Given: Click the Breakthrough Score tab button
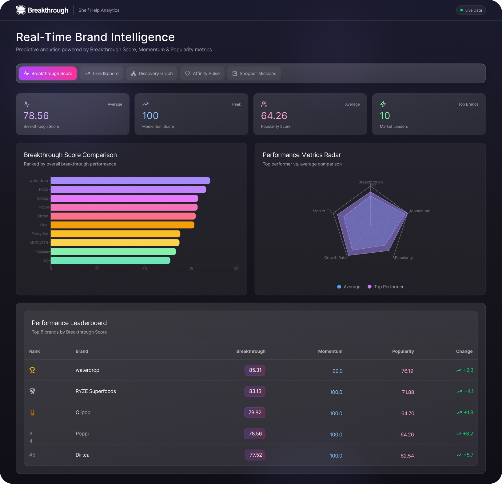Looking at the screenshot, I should [48, 74].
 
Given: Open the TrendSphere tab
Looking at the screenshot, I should [102, 74].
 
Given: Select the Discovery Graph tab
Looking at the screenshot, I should [152, 74].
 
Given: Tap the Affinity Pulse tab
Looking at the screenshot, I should [202, 74].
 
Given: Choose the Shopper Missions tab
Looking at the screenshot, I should [254, 74].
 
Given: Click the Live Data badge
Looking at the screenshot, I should [471, 10].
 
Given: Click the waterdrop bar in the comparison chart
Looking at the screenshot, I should [130, 181].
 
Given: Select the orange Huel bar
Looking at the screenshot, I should [122, 225].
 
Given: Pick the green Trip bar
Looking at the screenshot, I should [110, 260].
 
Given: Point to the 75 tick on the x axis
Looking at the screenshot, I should [191, 269].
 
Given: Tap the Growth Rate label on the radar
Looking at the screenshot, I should [335, 258].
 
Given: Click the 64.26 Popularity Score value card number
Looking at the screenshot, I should [274, 116].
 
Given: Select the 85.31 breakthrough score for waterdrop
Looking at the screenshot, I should [255, 370].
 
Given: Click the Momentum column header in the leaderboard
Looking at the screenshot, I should [330, 351].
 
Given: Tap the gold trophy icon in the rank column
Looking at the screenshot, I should [32, 370].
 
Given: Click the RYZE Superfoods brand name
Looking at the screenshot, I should [96, 391].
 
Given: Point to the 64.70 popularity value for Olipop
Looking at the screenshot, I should [408, 413].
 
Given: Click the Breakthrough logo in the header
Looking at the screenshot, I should [42, 10].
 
